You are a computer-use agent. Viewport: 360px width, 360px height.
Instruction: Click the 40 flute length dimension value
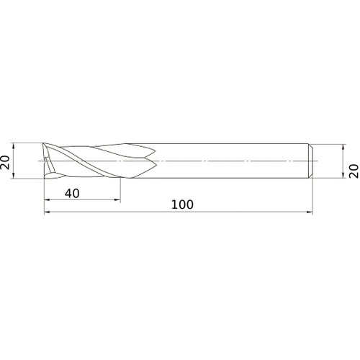(x=72, y=194)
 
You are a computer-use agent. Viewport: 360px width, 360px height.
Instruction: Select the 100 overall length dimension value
(x=182, y=204)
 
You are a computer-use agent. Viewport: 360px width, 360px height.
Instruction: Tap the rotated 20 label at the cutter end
(x=5, y=163)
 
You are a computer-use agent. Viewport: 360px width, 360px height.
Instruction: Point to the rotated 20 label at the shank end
(x=354, y=171)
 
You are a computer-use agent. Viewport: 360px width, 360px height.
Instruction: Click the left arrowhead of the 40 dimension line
(x=47, y=199)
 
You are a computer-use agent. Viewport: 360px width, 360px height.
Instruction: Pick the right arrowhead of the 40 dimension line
(x=117, y=199)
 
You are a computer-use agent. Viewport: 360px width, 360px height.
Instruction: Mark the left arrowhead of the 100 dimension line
(x=47, y=212)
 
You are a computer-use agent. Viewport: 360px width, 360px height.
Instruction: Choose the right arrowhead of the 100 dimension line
(x=310, y=212)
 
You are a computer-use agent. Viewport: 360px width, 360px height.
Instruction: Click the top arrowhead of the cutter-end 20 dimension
(x=14, y=146)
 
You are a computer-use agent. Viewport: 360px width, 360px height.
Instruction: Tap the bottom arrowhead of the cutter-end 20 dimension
(x=14, y=176)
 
